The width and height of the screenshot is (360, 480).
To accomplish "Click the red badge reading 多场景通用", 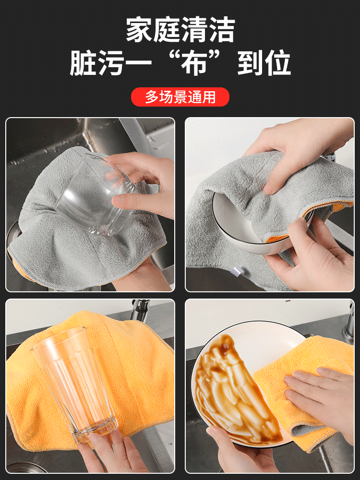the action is coord(180,97).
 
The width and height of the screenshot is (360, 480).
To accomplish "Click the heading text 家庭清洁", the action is coord(180,29).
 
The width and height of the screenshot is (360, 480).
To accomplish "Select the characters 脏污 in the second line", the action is coord(97,63).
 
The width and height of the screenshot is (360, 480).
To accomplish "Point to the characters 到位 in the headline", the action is coord(264,63).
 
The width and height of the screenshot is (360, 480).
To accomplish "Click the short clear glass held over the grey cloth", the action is coord(95,194).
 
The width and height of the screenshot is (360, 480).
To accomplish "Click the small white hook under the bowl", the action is coord(237,271).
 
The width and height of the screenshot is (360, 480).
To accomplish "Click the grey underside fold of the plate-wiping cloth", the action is coord(306,429).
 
